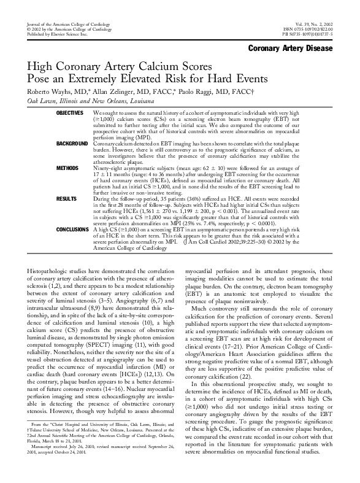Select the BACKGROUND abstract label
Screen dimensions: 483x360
[x=70, y=143]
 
